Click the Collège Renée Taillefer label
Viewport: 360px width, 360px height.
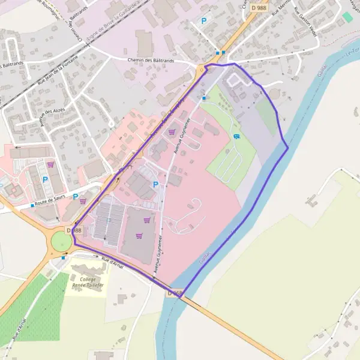(88, 283)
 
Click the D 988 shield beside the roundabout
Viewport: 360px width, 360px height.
(74, 230)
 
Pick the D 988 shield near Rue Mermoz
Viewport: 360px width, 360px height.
(259, 7)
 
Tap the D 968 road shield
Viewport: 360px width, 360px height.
(175, 293)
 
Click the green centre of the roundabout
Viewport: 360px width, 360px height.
(61, 242)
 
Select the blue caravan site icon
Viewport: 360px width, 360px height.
(236, 136)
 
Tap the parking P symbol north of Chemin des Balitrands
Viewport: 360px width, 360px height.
(204, 21)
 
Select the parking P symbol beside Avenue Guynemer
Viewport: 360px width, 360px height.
(156, 185)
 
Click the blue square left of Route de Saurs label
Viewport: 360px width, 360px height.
(32, 206)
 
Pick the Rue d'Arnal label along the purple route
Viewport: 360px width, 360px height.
(112, 262)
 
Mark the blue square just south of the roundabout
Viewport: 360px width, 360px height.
(64, 257)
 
